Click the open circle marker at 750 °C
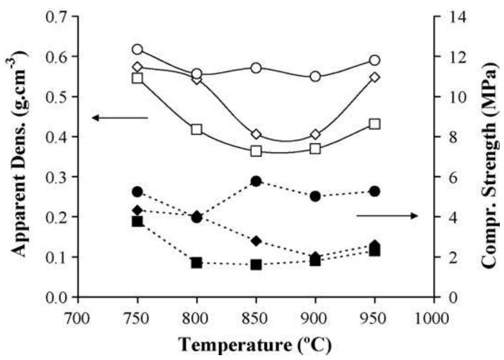tap(137, 50)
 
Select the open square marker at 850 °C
tap(256, 151)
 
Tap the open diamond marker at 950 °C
tap(375, 77)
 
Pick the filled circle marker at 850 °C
tap(256, 182)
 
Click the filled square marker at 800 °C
tap(197, 263)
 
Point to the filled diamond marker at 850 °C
tap(256, 241)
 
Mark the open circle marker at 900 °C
tap(315, 77)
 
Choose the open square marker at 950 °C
tap(375, 124)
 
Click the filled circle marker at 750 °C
tap(137, 192)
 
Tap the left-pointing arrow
tap(119, 117)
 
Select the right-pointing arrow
tap(387, 216)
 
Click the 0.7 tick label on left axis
tap(56, 16)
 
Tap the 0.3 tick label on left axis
tap(56, 177)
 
